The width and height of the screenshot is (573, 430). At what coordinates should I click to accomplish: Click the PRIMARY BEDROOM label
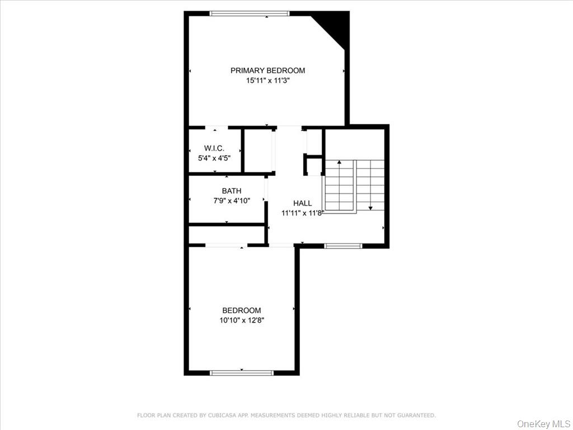(x=267, y=71)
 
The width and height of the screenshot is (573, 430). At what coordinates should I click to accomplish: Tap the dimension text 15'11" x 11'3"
(x=267, y=81)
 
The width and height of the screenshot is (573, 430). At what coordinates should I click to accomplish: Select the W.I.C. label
(x=214, y=148)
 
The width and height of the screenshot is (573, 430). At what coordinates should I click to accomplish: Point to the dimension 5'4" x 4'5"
(x=214, y=158)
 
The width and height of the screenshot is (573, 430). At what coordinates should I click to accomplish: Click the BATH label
(x=231, y=191)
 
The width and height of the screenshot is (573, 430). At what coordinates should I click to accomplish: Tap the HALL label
(x=302, y=203)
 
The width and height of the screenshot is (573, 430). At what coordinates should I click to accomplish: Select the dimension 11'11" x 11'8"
(x=302, y=213)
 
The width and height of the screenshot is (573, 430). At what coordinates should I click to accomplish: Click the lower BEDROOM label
(x=241, y=311)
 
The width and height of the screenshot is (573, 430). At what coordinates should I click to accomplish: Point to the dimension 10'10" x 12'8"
(x=241, y=321)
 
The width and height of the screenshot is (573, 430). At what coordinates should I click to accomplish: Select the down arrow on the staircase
(x=370, y=207)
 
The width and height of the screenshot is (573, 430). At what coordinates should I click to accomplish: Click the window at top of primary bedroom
(x=250, y=13)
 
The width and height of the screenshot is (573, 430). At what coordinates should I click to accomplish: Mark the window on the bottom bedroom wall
(x=241, y=372)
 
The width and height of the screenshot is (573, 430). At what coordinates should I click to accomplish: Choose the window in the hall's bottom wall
(x=343, y=245)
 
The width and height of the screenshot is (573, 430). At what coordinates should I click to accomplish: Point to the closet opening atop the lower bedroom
(x=226, y=245)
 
